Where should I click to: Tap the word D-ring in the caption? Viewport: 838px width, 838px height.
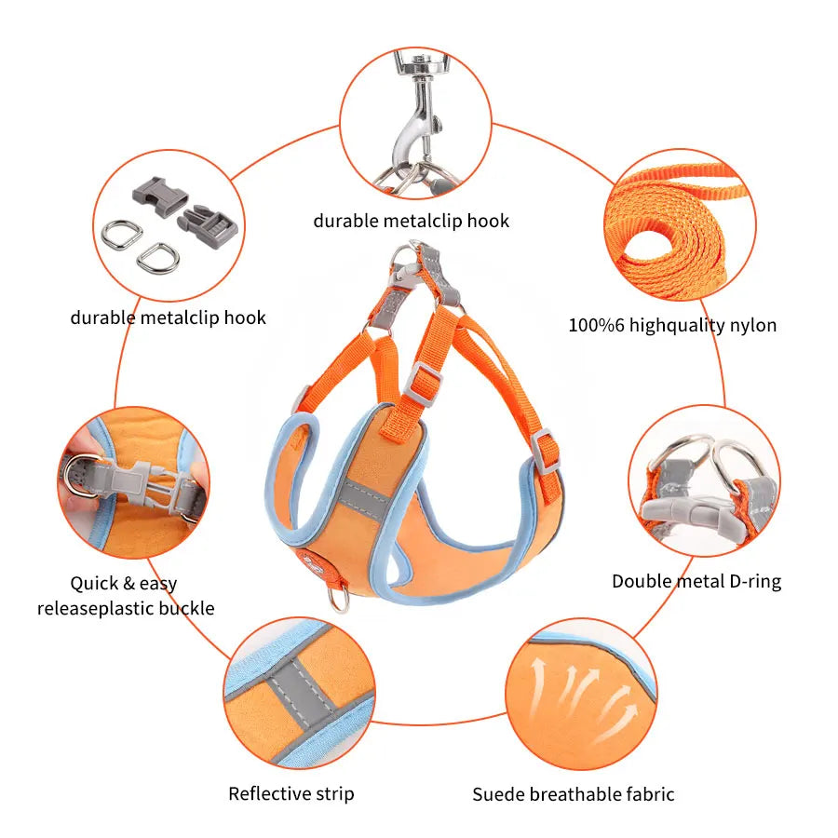click(x=755, y=581)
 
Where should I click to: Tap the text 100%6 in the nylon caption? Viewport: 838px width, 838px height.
click(x=596, y=325)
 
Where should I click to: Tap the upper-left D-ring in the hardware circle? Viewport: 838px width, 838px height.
click(x=122, y=235)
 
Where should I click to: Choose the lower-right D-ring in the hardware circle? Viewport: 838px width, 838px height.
click(x=158, y=259)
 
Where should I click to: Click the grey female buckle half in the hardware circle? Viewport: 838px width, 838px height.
click(x=160, y=196)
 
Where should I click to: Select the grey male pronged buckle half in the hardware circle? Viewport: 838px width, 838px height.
click(x=208, y=226)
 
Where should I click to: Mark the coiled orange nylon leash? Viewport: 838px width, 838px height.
click(x=679, y=230)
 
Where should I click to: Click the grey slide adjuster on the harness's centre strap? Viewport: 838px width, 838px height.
click(x=422, y=385)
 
